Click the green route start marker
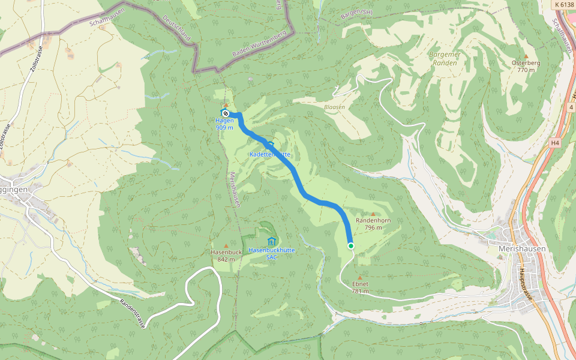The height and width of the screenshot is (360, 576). pos(351,245)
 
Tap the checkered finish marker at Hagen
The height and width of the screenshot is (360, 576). pos(225,113)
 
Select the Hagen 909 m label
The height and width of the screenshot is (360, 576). pos(224,124)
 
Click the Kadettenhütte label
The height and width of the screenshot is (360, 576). pos(270,154)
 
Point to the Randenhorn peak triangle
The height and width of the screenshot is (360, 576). pos(373,214)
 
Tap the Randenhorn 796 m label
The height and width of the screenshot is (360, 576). pos(373,224)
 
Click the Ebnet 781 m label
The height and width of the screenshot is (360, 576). pos(360,287)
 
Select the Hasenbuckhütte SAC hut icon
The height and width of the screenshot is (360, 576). pos(271,241)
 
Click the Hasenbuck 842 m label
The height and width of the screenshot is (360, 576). pos(226,256)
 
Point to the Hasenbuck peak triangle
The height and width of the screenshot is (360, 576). pos(226,245)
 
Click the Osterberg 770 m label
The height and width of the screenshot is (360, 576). pos(526,66)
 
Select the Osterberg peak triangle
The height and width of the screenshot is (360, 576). pos(526,56)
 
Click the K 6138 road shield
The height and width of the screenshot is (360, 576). pos(563,4)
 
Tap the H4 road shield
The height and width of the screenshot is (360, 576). pos(554,143)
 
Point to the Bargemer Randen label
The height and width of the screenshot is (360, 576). pos(445,58)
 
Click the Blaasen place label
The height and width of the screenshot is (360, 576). pos(334,107)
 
